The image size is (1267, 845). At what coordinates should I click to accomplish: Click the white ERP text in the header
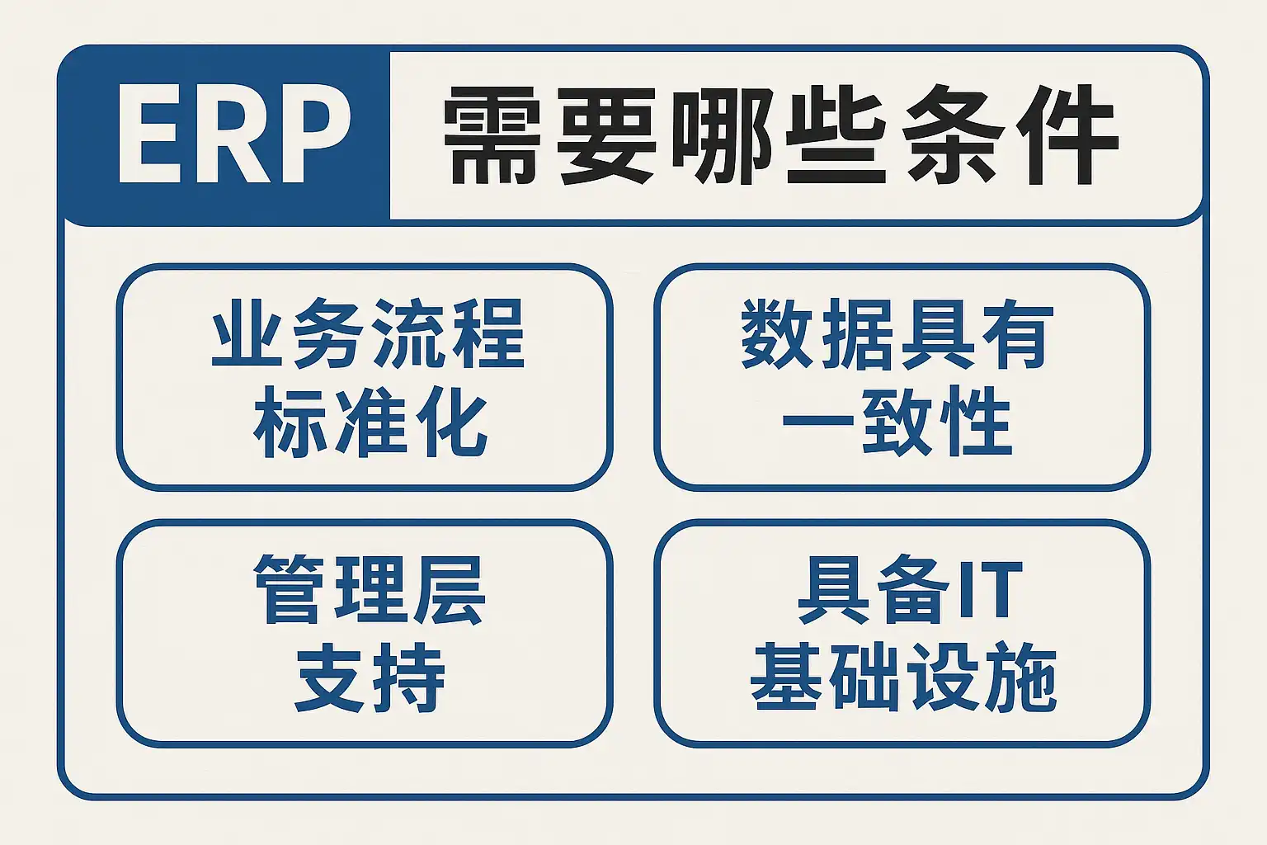click(x=235, y=134)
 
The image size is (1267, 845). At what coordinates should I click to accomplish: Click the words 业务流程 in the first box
click(x=368, y=334)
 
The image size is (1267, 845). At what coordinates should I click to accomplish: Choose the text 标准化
click(x=370, y=422)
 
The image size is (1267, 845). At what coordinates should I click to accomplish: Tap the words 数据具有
click(x=897, y=334)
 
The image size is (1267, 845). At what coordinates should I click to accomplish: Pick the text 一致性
click(x=897, y=422)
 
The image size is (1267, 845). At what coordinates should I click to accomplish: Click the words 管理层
click(x=370, y=589)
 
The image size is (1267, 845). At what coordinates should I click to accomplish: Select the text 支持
click(x=370, y=677)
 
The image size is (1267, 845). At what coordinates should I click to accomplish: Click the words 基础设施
click(x=903, y=677)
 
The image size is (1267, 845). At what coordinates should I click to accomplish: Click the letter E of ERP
click(x=149, y=134)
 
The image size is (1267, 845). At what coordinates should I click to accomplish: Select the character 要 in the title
click(x=607, y=136)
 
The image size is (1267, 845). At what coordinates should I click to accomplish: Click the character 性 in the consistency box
click(x=976, y=422)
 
